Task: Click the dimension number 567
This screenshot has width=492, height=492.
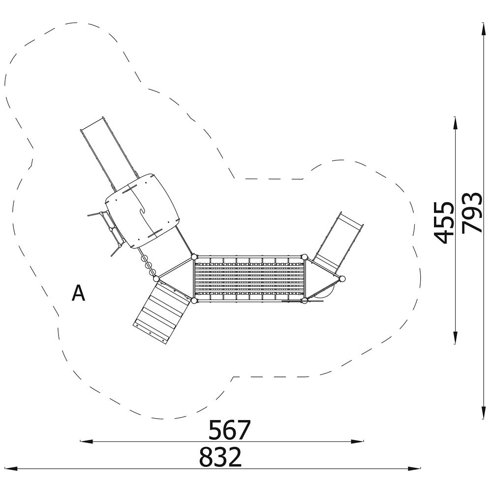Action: click(230, 430)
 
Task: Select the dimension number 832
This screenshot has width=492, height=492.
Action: click(220, 457)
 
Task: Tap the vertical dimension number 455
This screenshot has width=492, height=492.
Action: click(443, 223)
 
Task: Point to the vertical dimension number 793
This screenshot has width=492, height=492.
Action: click(472, 213)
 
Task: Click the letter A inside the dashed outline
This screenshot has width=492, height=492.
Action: click(78, 293)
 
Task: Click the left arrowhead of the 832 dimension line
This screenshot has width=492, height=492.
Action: click(11, 469)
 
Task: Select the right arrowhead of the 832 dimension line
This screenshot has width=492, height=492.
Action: click(414, 469)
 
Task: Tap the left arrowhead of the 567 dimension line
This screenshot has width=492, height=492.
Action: click(87, 441)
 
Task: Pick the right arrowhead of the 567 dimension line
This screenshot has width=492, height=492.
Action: click(357, 441)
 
